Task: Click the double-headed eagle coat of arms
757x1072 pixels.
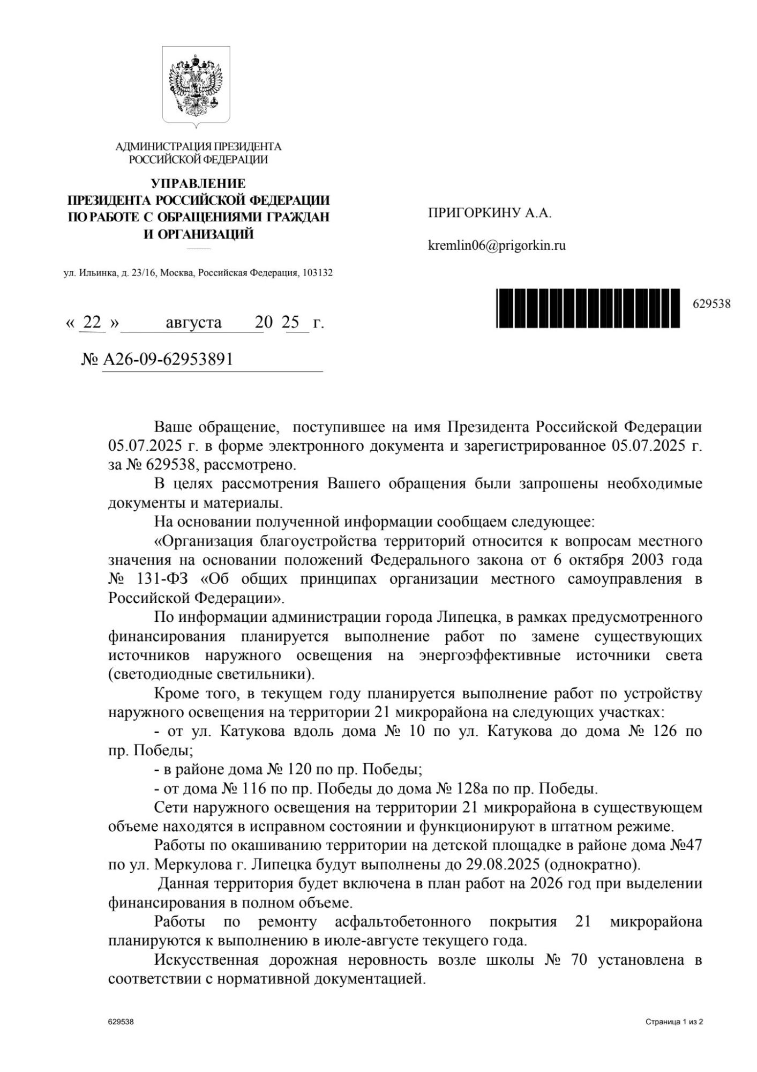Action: (197, 86)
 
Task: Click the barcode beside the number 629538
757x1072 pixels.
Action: (588, 308)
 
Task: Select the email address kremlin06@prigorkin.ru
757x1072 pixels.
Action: (497, 246)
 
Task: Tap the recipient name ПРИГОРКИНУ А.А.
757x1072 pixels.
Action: (490, 213)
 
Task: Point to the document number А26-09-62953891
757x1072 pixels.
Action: (168, 359)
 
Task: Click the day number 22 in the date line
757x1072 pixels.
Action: (92, 322)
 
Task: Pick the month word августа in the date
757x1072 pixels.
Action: (193, 322)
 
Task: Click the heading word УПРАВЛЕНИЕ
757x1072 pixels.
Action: (198, 184)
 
